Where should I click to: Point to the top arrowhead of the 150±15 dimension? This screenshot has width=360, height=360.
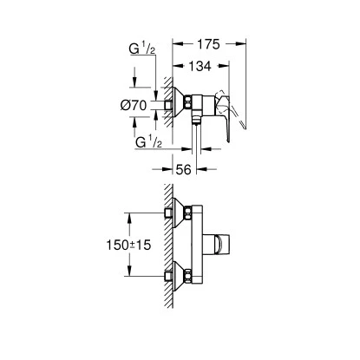tap(130, 216)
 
